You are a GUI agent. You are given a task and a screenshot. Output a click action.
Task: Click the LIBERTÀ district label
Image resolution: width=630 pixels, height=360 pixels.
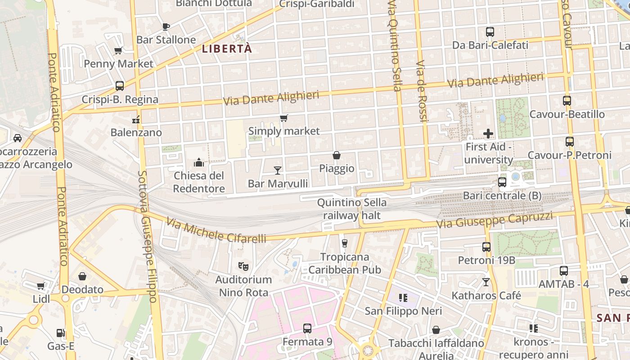pyautogui.click(x=226, y=49)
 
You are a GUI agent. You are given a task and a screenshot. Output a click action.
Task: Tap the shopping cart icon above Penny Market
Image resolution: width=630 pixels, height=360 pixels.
pyautogui.click(x=118, y=50)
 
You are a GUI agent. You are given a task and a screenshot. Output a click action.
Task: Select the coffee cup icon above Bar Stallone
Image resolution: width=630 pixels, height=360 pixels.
pyautogui.click(x=166, y=27)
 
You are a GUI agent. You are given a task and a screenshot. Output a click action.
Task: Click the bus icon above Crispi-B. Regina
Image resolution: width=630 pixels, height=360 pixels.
pyautogui.click(x=120, y=85)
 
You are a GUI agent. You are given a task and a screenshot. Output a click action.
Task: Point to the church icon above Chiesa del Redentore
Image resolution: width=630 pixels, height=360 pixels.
pyautogui.click(x=199, y=162)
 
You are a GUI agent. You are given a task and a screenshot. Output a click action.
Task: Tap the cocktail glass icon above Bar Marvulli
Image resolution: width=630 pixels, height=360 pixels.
pyautogui.click(x=278, y=170)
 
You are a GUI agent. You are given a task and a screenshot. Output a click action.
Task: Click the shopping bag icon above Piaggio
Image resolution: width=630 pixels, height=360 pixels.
pyautogui.click(x=337, y=155)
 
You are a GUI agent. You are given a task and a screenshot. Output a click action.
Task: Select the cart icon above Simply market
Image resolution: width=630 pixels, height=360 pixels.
pyautogui.click(x=283, y=118)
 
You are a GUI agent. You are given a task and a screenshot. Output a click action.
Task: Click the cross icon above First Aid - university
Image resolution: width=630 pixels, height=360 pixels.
pyautogui.click(x=488, y=134)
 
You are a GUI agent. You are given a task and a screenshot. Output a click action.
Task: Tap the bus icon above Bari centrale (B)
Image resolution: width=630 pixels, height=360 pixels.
pyautogui.click(x=502, y=182)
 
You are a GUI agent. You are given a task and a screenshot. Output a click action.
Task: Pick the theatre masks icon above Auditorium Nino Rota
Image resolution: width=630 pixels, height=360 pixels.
pyautogui.click(x=243, y=266)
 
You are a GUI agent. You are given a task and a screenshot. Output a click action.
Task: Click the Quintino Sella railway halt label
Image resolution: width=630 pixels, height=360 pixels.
pyautogui.click(x=351, y=209)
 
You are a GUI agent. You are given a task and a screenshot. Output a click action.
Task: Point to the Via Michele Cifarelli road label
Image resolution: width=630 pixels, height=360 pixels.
pyautogui.click(x=216, y=230)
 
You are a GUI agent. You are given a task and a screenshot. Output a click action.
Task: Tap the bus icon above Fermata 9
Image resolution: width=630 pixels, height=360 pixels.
pyautogui.click(x=307, y=328)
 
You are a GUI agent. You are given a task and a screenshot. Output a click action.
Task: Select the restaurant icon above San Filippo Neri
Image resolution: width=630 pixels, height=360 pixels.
pyautogui.click(x=403, y=297)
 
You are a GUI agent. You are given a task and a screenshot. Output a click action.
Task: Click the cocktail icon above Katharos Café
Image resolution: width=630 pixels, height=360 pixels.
pyautogui.click(x=486, y=282)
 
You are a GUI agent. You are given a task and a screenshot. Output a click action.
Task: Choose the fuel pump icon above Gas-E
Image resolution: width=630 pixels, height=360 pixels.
pyautogui.click(x=61, y=333)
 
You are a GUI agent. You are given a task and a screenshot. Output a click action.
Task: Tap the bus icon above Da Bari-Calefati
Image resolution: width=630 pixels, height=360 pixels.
pyautogui.click(x=490, y=32)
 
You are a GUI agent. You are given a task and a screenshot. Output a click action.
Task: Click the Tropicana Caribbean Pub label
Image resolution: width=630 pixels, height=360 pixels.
pyautogui.click(x=345, y=263)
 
